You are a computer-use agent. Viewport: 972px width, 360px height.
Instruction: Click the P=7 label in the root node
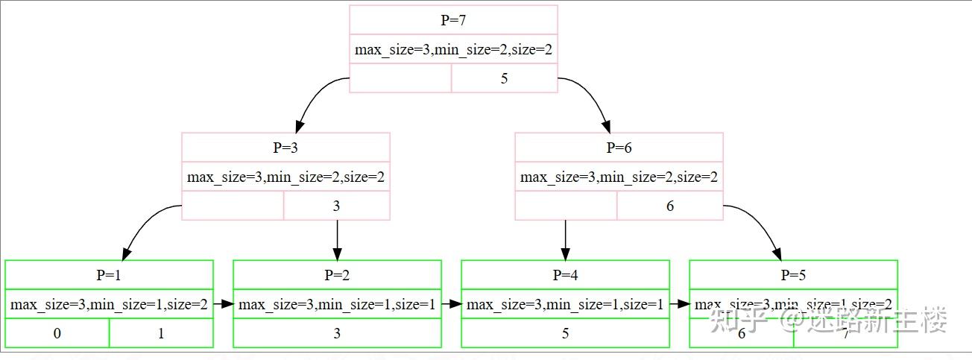[453, 20]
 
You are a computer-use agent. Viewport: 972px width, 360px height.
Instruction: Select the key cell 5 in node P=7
[505, 78]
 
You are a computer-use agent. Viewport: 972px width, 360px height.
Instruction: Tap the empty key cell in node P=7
[400, 78]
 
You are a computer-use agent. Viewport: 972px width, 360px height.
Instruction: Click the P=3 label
[285, 148]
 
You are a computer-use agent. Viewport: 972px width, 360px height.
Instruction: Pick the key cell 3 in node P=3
[336, 206]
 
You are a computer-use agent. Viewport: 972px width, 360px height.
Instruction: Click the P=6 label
[619, 148]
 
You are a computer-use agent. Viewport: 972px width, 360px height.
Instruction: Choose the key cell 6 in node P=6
[669, 206]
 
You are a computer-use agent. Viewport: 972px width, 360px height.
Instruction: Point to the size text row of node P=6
[619, 177]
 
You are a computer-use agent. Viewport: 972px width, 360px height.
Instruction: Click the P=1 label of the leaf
[109, 274]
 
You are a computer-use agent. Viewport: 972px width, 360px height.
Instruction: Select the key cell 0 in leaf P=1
[57, 333]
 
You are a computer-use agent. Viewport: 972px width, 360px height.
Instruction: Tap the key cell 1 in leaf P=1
[161, 333]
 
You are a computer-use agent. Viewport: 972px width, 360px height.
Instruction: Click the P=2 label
[337, 274]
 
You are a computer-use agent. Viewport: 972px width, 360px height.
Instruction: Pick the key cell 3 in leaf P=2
[337, 333]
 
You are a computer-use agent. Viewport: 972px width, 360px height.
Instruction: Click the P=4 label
[565, 274]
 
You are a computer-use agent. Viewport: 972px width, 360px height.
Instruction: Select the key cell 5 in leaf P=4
[565, 333]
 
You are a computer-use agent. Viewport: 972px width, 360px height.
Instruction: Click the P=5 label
[793, 274]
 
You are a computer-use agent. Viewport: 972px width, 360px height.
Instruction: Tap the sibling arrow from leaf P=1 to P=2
[224, 304]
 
